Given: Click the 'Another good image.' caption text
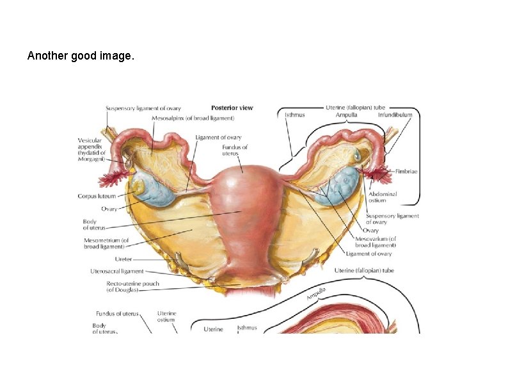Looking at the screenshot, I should pyautogui.click(x=81, y=56).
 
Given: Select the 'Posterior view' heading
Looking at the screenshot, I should pyautogui.click(x=232, y=108).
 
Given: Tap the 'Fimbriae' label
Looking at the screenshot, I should pyautogui.click(x=407, y=172).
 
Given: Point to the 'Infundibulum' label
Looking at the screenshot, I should pyautogui.click(x=395, y=115).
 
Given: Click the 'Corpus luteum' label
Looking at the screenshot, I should pyautogui.click(x=97, y=197).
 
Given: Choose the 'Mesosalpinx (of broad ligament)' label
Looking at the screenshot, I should pyautogui.click(x=193, y=118).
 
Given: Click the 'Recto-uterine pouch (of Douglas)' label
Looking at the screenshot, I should pyautogui.click(x=132, y=286).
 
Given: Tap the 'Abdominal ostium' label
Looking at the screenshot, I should pyautogui.click(x=383, y=197).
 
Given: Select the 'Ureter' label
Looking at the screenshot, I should pyautogui.click(x=123, y=259).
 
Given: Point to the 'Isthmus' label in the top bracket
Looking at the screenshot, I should pyautogui.click(x=294, y=115).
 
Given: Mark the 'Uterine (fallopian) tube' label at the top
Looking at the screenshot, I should pyautogui.click(x=355, y=107).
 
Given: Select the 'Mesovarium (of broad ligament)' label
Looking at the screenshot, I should pyautogui.click(x=376, y=242).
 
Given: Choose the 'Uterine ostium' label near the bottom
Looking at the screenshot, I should pyautogui.click(x=167, y=318).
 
